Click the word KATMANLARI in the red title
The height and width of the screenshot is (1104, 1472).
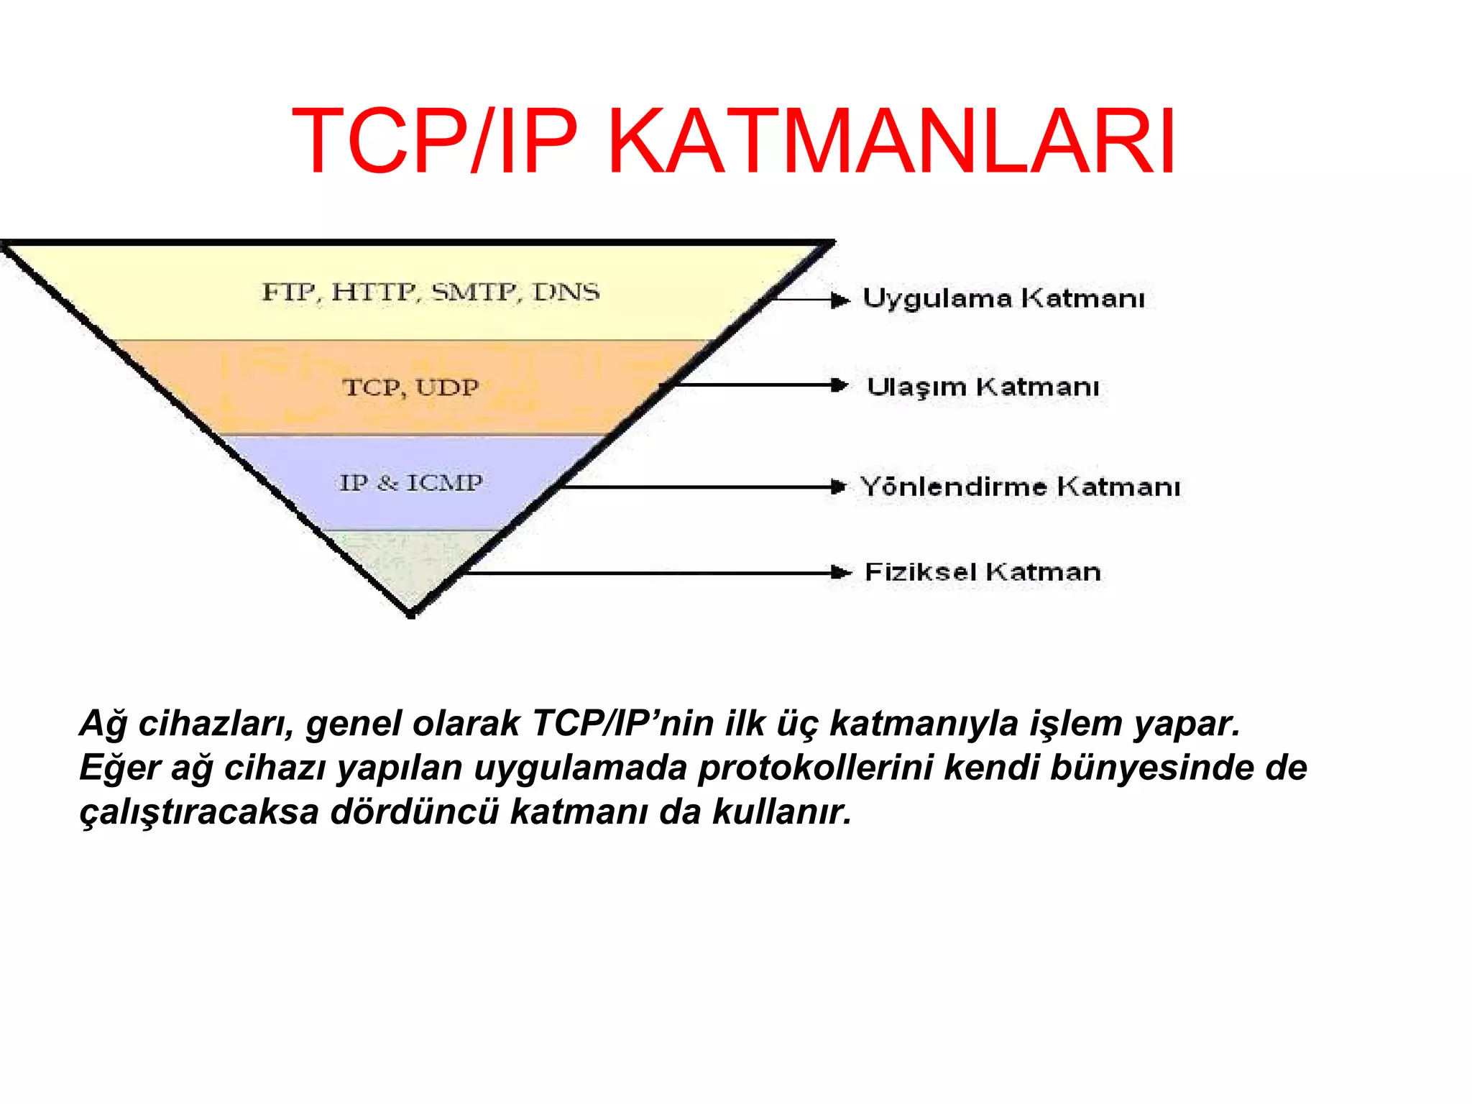pos(891,141)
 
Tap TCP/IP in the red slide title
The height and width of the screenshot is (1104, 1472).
pos(434,141)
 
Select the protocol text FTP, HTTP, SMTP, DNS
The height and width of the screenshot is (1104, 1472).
pos(431,292)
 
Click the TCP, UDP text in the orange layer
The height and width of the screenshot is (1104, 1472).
pos(410,387)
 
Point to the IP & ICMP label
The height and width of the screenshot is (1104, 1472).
pos(411,482)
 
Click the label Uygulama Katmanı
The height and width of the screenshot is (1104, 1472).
pos(1003,298)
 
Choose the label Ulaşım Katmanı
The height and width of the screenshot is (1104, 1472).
pos(983,387)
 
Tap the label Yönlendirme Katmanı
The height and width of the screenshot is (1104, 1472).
pos(1020,487)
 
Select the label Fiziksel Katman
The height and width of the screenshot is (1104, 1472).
pos(983,572)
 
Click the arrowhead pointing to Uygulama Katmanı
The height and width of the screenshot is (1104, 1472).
pos(839,300)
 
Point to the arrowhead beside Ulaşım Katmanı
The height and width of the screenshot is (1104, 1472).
pos(839,385)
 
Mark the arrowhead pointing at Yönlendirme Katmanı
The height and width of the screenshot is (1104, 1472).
pos(838,487)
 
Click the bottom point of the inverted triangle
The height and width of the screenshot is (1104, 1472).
pos(410,615)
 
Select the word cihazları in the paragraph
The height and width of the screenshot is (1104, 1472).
pos(216,723)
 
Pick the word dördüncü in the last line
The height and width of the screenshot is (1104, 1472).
pos(414,812)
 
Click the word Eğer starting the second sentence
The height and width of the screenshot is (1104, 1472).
pos(119,768)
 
